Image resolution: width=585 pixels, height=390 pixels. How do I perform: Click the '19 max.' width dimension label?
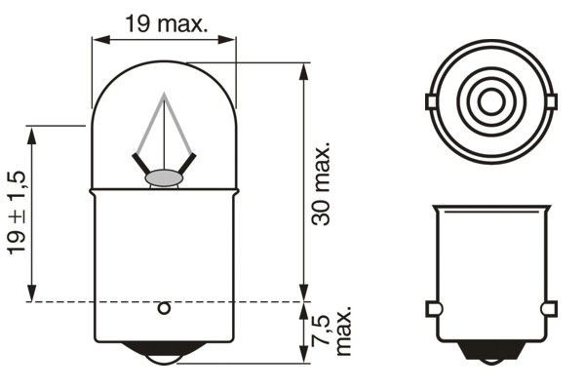click(167, 23)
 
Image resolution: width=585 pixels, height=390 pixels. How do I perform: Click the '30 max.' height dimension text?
click(323, 184)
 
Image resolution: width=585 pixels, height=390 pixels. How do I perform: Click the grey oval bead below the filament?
click(164, 178)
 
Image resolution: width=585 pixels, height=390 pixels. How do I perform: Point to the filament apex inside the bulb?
click(164, 97)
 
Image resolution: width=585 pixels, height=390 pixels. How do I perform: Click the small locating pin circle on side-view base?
click(164, 309)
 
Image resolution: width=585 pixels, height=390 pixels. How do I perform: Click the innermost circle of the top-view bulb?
click(491, 100)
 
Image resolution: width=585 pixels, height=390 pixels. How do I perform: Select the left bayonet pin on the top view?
click(431, 101)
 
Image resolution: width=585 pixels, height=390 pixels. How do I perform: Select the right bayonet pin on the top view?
click(552, 101)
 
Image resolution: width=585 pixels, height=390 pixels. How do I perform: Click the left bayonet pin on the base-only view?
click(433, 310)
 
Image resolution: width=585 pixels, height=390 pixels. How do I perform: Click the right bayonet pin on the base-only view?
click(550, 310)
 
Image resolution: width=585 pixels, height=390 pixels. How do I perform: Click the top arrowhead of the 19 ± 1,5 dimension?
click(33, 133)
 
